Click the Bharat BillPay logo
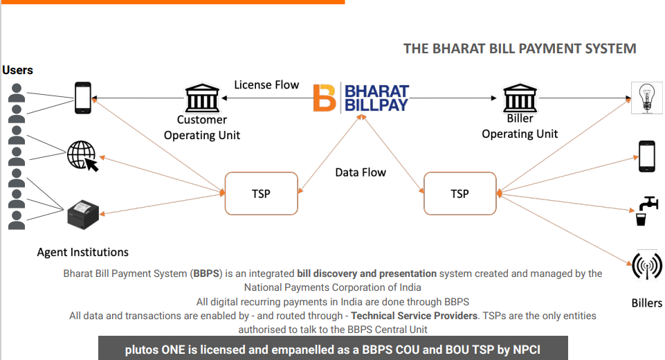pos(361,98)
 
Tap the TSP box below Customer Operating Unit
pos(260,194)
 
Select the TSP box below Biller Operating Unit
pos(459,194)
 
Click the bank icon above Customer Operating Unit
pos(201,98)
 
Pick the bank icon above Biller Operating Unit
pos(520,98)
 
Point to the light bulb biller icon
pos(647,98)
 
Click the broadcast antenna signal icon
pos(647,266)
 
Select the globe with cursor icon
pos(82,155)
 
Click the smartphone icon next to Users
pos(83,98)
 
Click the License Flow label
pos(266,84)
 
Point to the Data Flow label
pos(361,172)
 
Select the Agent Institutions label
pos(82,252)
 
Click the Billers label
pos(646,303)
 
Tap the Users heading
pos(17,70)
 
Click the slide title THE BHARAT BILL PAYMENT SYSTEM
pos(520,49)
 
